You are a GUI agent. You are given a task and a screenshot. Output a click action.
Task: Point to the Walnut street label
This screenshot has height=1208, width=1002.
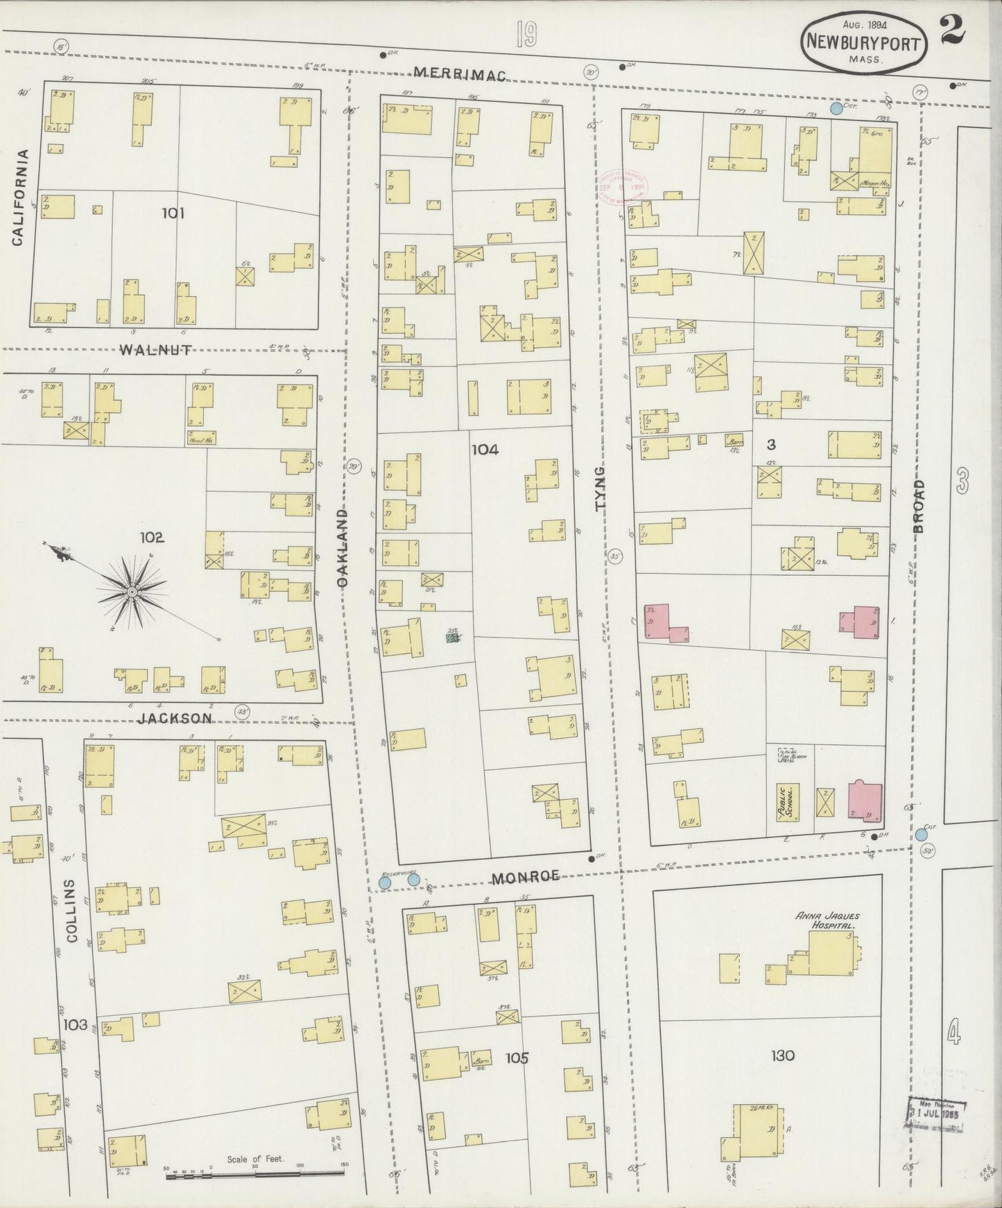click(x=155, y=350)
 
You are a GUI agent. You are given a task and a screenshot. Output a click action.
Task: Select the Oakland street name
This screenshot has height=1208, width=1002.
click(x=343, y=548)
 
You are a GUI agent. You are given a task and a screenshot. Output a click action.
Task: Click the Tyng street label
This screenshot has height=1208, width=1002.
click(x=601, y=489)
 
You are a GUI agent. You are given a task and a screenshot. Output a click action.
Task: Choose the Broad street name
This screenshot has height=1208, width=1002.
click(x=919, y=505)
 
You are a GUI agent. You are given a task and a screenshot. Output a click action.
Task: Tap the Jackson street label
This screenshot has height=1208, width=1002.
click(x=174, y=719)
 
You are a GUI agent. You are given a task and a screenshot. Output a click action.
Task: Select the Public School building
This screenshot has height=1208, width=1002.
click(x=787, y=802)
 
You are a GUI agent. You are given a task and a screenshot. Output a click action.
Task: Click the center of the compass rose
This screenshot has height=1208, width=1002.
click(x=131, y=592)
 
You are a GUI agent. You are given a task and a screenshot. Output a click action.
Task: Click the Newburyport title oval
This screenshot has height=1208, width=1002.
click(x=863, y=43)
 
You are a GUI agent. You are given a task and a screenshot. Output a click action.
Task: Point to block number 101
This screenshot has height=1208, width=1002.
click(x=173, y=213)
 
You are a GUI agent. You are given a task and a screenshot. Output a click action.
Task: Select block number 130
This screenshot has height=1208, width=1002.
click(x=782, y=1056)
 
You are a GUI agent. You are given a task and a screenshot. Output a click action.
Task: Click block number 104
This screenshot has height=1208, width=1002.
click(x=485, y=450)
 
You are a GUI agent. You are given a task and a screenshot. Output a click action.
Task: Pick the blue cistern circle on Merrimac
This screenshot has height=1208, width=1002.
click(x=836, y=108)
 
